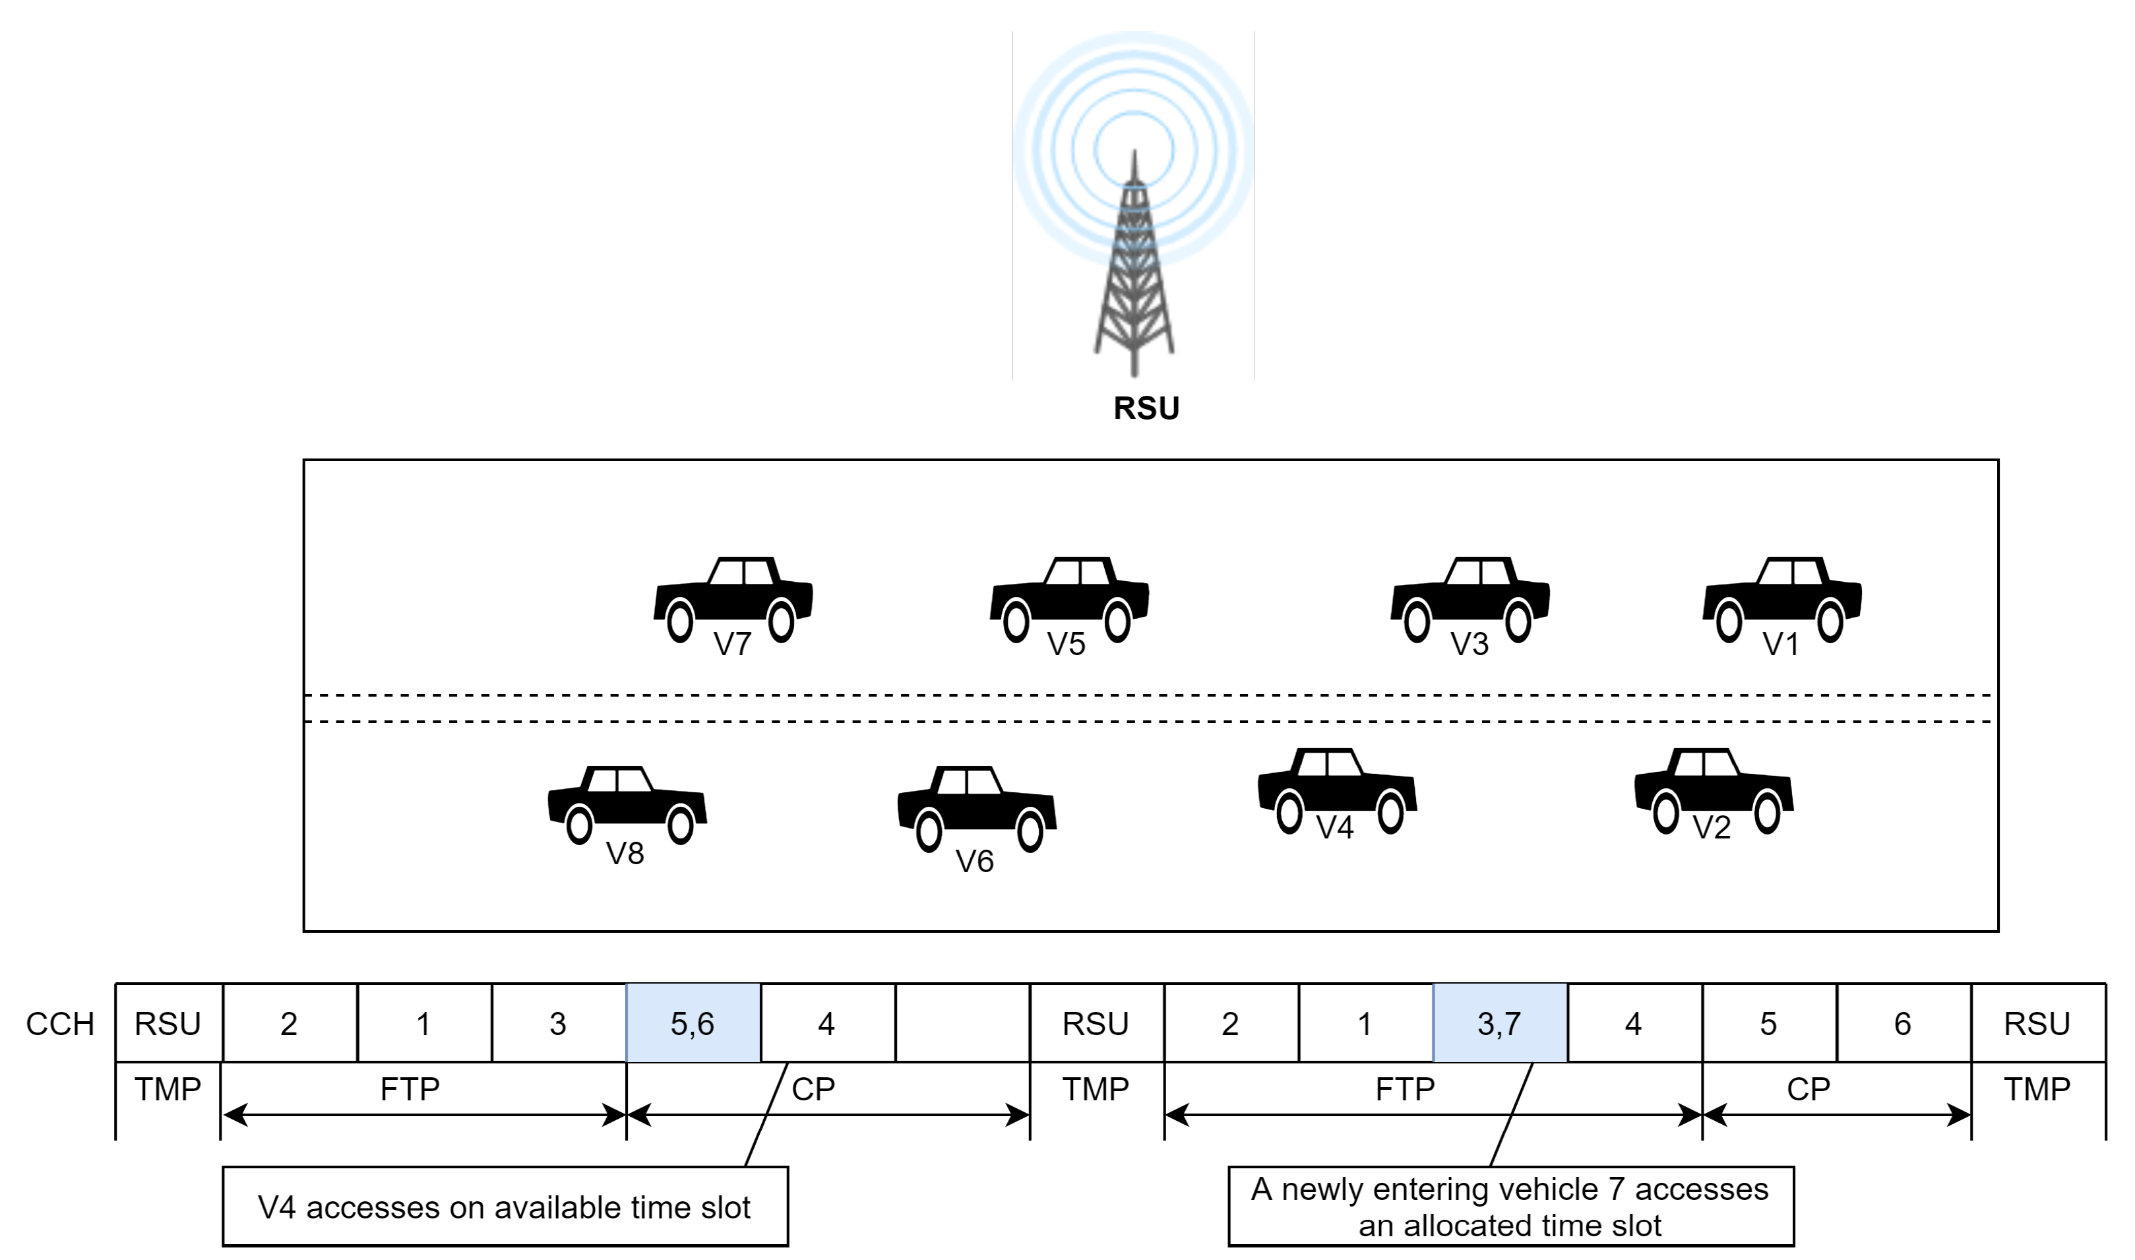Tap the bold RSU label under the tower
point(1146,408)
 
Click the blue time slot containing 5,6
point(693,1023)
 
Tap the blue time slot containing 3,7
point(1499,1023)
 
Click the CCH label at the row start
point(59,1024)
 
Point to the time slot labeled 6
point(1902,1023)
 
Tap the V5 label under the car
point(1067,645)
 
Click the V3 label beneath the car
point(1470,645)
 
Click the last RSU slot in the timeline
point(2037,1023)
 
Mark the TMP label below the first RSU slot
point(168,1088)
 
